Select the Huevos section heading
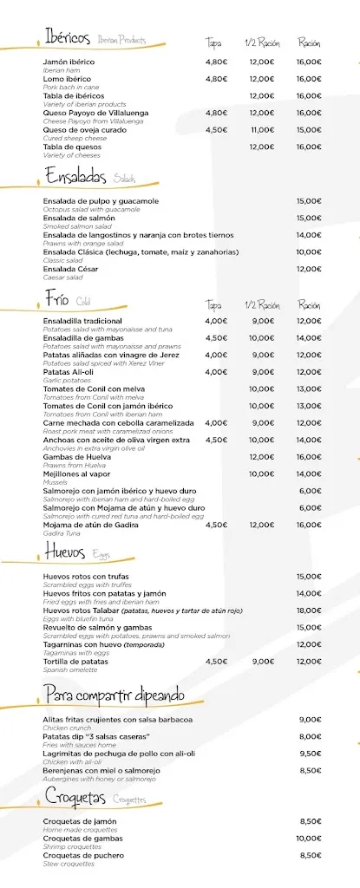click(x=65, y=551)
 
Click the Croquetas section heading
click(x=75, y=798)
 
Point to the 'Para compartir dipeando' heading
click(x=114, y=695)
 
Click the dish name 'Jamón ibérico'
click(x=69, y=62)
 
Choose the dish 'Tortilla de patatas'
click(x=75, y=661)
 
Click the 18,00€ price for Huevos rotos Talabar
click(x=309, y=610)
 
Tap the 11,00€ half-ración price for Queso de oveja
click(x=261, y=129)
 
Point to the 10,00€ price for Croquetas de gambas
click(x=309, y=838)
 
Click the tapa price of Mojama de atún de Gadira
click(x=216, y=525)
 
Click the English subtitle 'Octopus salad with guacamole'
click(x=91, y=209)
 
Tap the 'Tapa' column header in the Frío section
click(x=213, y=304)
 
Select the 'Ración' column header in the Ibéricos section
click(x=309, y=42)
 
